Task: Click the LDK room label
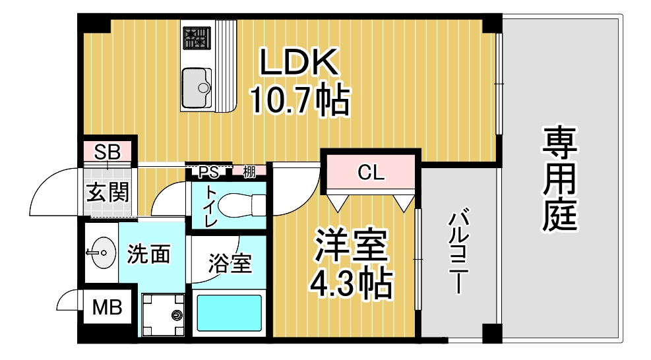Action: click(x=299, y=62)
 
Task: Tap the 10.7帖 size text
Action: click(x=299, y=100)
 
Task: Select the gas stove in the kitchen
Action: click(x=197, y=38)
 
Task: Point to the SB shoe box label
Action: click(x=107, y=152)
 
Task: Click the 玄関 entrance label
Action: click(x=108, y=193)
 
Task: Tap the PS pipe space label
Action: click(x=208, y=172)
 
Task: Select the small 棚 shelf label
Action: click(x=249, y=171)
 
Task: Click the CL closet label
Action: click(x=371, y=172)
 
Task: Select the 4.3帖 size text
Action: click(x=352, y=284)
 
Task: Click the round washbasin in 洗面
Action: click(x=102, y=253)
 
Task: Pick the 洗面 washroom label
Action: click(x=148, y=254)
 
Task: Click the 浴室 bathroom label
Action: click(x=230, y=263)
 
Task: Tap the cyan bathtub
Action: click(x=229, y=313)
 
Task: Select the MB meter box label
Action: click(x=107, y=308)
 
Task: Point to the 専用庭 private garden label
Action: click(x=560, y=179)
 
